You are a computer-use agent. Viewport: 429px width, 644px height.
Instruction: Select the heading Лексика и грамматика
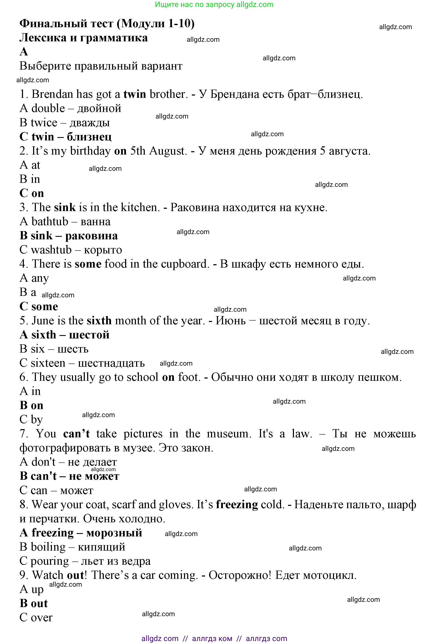83,38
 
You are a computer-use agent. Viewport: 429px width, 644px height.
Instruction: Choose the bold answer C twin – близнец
65,137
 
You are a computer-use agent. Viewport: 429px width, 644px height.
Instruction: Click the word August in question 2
168,151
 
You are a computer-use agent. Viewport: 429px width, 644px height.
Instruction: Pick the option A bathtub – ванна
65,221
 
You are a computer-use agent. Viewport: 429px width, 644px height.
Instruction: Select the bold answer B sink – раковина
69,236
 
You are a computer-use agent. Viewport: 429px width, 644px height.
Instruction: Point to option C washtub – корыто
71,250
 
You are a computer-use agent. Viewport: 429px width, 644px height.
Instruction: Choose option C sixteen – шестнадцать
82,363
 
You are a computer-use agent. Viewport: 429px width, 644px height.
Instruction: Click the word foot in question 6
189,377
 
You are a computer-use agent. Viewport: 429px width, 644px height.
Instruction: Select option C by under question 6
31,420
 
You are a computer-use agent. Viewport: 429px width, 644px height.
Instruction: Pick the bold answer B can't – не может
69,476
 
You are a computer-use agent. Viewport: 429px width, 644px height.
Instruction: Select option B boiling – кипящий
72,547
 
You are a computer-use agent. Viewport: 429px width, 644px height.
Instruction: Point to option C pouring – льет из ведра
85,561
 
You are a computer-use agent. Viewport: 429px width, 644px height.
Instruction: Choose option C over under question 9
36,617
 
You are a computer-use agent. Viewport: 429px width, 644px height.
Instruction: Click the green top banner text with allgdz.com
214,5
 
